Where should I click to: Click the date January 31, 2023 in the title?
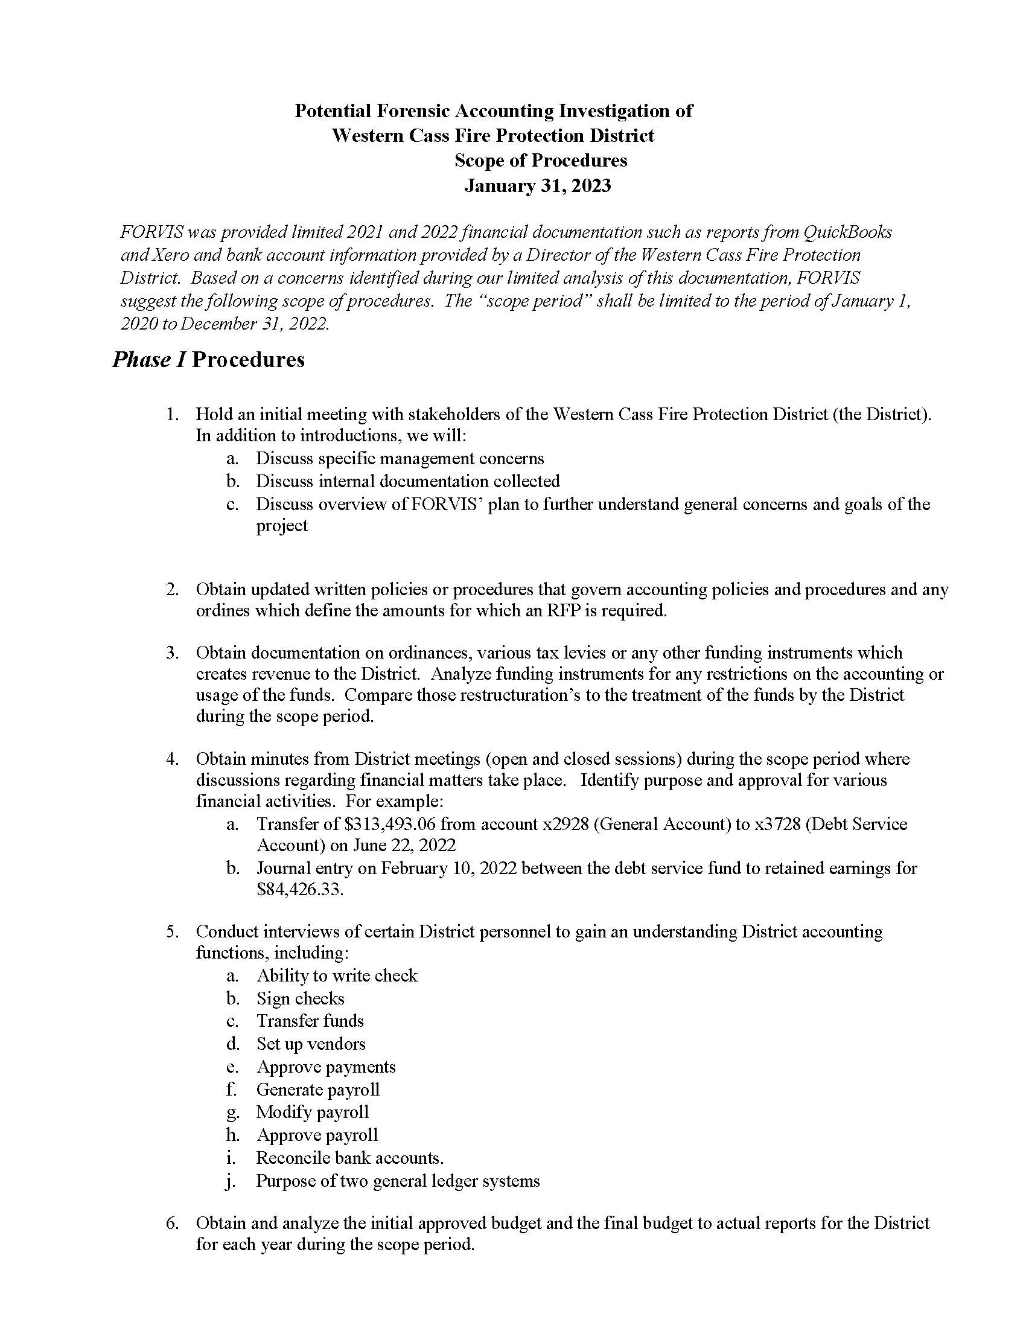(x=537, y=185)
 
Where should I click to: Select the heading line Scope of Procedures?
(x=540, y=161)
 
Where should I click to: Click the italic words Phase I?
(x=148, y=359)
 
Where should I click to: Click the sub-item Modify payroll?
(x=313, y=1112)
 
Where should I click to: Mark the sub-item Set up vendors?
(x=311, y=1044)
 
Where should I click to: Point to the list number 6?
(x=172, y=1223)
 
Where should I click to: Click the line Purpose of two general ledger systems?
(x=398, y=1181)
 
